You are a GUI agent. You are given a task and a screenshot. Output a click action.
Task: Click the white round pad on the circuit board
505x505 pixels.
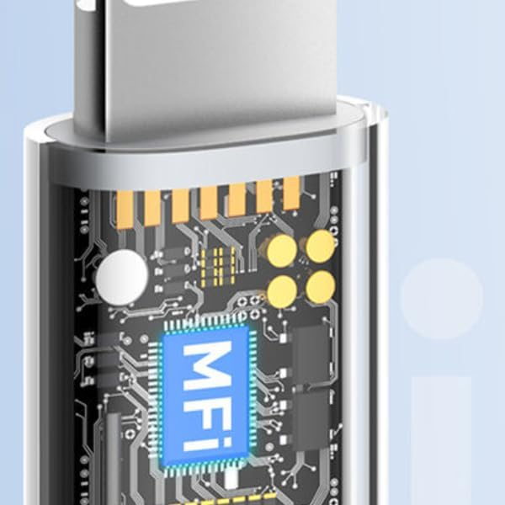pyautogui.click(x=122, y=278)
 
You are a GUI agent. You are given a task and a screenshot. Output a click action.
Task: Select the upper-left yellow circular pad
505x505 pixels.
pyautogui.click(x=282, y=251)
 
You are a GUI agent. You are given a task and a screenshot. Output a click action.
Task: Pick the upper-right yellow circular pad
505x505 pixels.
pyautogui.click(x=320, y=247)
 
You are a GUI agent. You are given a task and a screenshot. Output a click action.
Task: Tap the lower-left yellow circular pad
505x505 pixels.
pyautogui.click(x=282, y=291)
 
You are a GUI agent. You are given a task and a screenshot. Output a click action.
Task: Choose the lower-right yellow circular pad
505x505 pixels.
pyautogui.click(x=320, y=287)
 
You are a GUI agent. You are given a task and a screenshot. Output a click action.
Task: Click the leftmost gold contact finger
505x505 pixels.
pyautogui.click(x=125, y=210)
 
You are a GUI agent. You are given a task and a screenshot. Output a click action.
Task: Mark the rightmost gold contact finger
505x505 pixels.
pyautogui.click(x=291, y=194)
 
